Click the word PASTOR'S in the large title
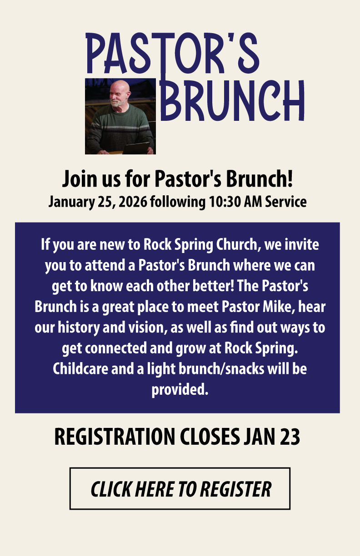(172, 53)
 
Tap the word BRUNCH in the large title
(232, 100)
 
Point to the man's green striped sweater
(120, 128)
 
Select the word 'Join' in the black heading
(80, 179)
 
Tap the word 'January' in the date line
(71, 202)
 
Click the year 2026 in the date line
(133, 202)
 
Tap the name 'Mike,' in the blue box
(279, 307)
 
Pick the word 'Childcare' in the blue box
(80, 369)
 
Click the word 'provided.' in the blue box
(180, 390)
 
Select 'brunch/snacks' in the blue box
(221, 369)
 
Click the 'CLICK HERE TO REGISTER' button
(180, 489)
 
